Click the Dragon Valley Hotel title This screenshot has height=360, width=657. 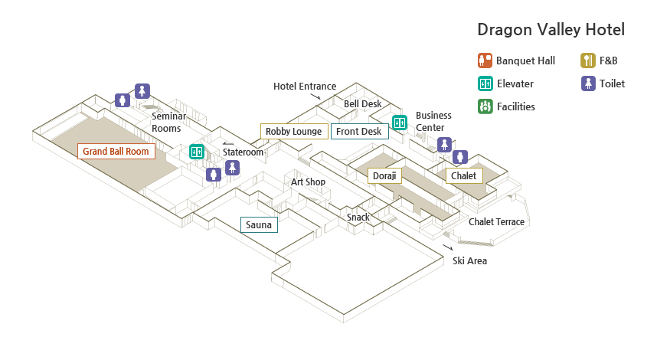pyautogui.click(x=551, y=30)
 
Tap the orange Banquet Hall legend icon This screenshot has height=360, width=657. pyautogui.click(x=485, y=61)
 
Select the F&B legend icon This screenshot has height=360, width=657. pyautogui.click(x=588, y=61)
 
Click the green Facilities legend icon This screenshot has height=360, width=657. pyautogui.click(x=485, y=106)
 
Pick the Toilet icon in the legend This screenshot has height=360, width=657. pyautogui.click(x=588, y=83)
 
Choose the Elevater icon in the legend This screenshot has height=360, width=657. pyautogui.click(x=485, y=83)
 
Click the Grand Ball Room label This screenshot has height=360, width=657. pyautogui.click(x=116, y=152)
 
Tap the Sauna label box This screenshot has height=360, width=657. pyautogui.click(x=259, y=224)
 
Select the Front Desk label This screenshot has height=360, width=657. pyautogui.click(x=359, y=131)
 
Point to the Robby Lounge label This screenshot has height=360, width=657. pyautogui.click(x=294, y=131)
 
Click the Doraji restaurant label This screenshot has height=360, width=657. pyautogui.click(x=384, y=175)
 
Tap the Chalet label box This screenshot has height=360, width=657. pyautogui.click(x=464, y=175)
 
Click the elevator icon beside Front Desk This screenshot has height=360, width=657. pyautogui.click(x=400, y=123)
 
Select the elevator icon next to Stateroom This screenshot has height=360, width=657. pyautogui.click(x=197, y=152)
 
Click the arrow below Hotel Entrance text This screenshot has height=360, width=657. pyautogui.click(x=315, y=97)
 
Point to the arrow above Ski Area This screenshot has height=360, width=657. pyautogui.click(x=448, y=247)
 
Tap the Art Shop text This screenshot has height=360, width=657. pyautogui.click(x=308, y=182)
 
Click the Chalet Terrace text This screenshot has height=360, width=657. pyautogui.click(x=496, y=221)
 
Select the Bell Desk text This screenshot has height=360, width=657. pyautogui.click(x=363, y=103)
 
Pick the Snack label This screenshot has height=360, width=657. pyautogui.click(x=358, y=217)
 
